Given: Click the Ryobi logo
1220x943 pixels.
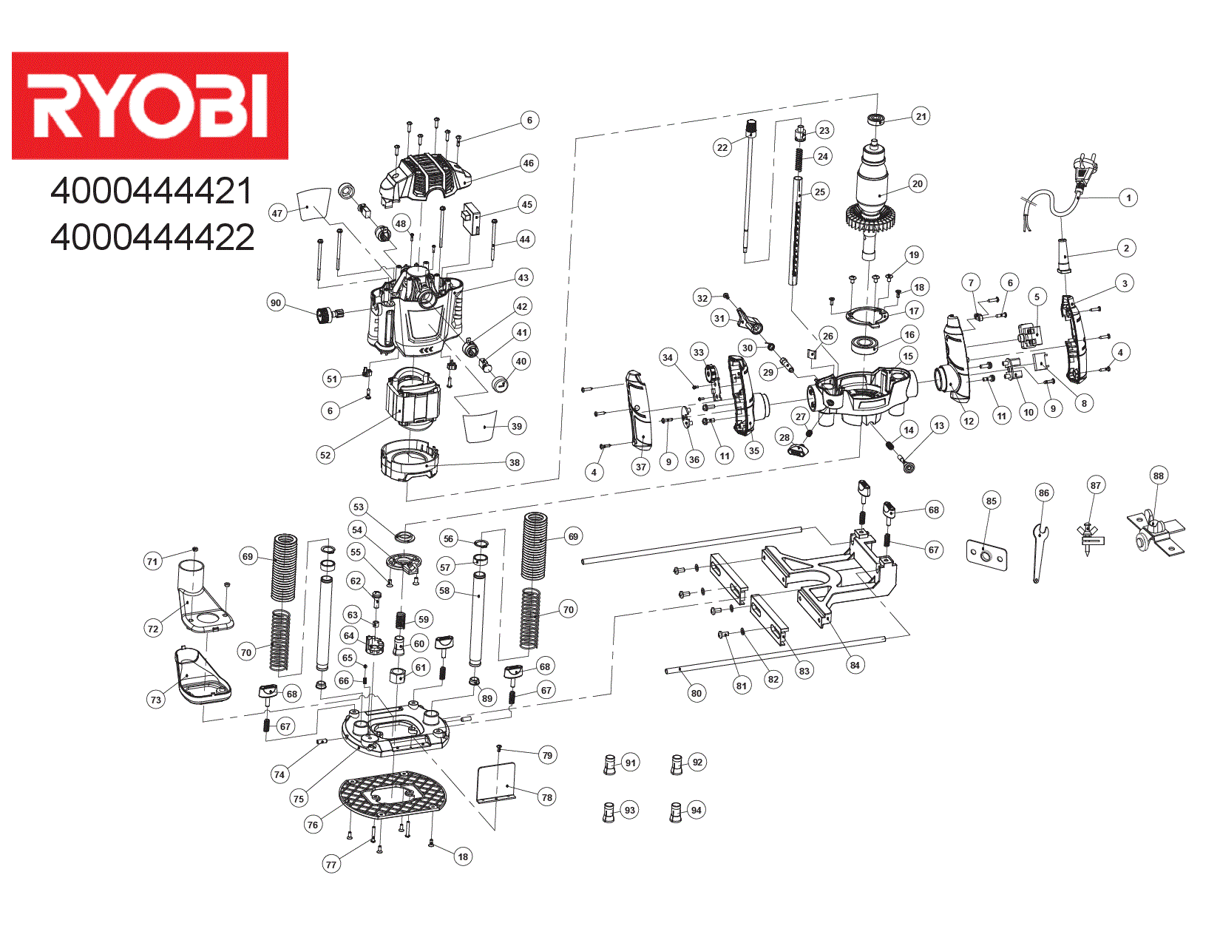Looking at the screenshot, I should point(149,105).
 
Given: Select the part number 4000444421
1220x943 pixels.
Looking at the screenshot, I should point(152,192).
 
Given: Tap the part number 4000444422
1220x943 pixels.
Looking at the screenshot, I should point(152,237).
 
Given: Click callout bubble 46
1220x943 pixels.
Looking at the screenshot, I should point(528,163).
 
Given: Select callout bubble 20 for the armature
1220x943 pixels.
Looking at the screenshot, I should point(917,184).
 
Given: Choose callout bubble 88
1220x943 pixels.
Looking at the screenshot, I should point(1158,476).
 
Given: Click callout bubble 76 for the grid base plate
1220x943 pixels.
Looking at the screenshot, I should point(313,825).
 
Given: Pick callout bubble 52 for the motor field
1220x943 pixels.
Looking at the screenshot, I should point(325,455).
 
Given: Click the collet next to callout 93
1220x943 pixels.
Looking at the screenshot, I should point(609,812).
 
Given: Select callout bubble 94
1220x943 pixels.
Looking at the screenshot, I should point(696,810).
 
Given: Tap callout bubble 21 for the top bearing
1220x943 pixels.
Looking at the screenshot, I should point(921,116).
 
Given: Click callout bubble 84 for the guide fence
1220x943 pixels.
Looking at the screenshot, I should point(855,665).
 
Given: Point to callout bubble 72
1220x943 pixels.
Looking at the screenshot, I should point(153,629).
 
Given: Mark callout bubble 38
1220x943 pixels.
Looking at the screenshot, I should point(514,462).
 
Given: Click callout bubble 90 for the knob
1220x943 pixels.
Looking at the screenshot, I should point(276,302).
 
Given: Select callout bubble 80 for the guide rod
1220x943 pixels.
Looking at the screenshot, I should point(696,693).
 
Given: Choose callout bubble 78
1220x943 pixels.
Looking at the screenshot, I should point(546,797).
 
